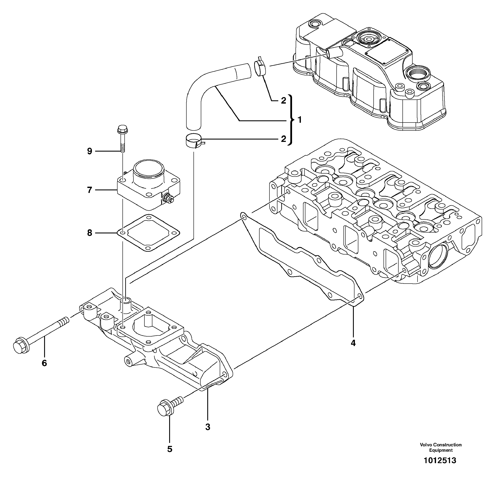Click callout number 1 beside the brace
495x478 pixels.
click(300, 120)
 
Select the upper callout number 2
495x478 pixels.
click(283, 101)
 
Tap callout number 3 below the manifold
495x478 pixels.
click(208, 427)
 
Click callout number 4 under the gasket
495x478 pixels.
click(353, 343)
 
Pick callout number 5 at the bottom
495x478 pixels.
click(170, 449)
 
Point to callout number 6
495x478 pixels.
click(44, 363)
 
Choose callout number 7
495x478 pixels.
click(89, 190)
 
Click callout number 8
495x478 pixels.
click(89, 233)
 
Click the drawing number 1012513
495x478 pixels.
click(440, 460)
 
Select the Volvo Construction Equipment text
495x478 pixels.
click(441, 447)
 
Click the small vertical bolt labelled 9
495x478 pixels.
click(123, 139)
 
